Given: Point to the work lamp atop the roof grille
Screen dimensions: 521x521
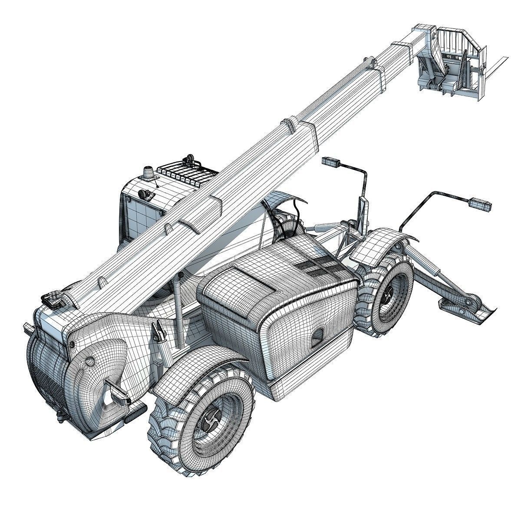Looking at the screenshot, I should pyautogui.click(x=189, y=158).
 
